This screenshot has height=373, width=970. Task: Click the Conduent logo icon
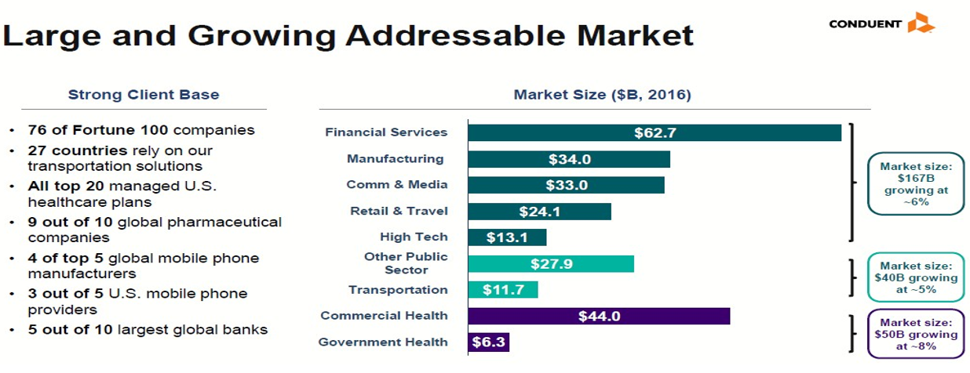point(920,23)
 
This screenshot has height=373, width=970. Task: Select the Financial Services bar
point(654,132)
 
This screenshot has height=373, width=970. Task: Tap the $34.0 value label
point(569,159)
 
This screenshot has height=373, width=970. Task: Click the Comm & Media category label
point(397,185)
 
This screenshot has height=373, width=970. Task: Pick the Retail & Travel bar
point(539,212)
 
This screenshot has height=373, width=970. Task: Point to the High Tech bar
point(507,237)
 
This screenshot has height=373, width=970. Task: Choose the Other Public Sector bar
point(551,264)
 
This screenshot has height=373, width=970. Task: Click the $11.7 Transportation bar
point(503,290)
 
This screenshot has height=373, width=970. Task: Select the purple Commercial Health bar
point(599,316)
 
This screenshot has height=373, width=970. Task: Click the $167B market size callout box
point(915,184)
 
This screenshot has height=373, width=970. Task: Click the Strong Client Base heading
point(144,95)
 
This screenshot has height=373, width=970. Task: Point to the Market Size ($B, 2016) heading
point(602,95)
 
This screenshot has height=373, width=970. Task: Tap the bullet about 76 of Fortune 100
point(141,130)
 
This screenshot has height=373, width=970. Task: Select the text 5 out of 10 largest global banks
point(148,329)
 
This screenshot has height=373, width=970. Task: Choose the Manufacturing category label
point(395,159)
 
